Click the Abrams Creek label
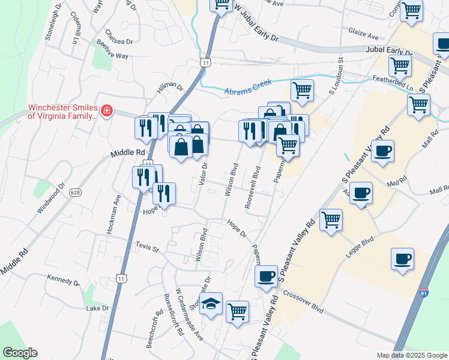248,86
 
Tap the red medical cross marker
106,110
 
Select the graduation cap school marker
211,304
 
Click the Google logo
19,353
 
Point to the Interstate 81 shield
424,293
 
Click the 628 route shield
74,192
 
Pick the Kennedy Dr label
63,280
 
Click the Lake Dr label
97,308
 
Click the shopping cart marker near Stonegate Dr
238,311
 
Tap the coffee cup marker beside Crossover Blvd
266,276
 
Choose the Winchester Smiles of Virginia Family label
62,112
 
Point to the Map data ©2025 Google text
411,355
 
